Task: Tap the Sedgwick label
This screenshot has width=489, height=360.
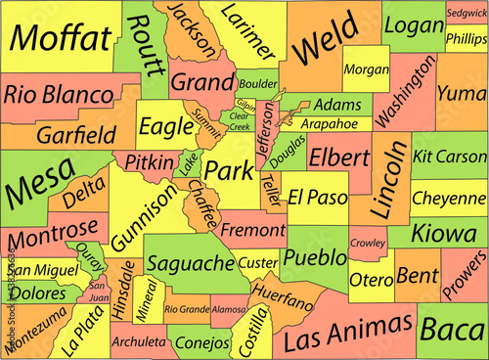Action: pos(466,14)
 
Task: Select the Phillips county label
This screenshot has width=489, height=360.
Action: pos(466,38)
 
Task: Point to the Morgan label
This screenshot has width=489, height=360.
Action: pos(367,70)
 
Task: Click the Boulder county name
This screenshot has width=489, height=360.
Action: pos(258,84)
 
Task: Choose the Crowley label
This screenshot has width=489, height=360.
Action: pos(368,242)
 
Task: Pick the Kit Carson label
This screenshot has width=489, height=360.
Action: pos(449,157)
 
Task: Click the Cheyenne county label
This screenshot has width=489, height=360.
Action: pos(449,197)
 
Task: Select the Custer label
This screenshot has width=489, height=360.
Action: pos(258,262)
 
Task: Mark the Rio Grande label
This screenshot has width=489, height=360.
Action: pos(187,309)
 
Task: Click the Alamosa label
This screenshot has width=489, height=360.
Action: pos(229,309)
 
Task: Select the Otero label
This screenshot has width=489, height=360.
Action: pos(371,279)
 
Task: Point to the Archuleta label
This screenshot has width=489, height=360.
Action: pos(138,342)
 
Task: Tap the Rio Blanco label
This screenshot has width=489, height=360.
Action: pos(57,94)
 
